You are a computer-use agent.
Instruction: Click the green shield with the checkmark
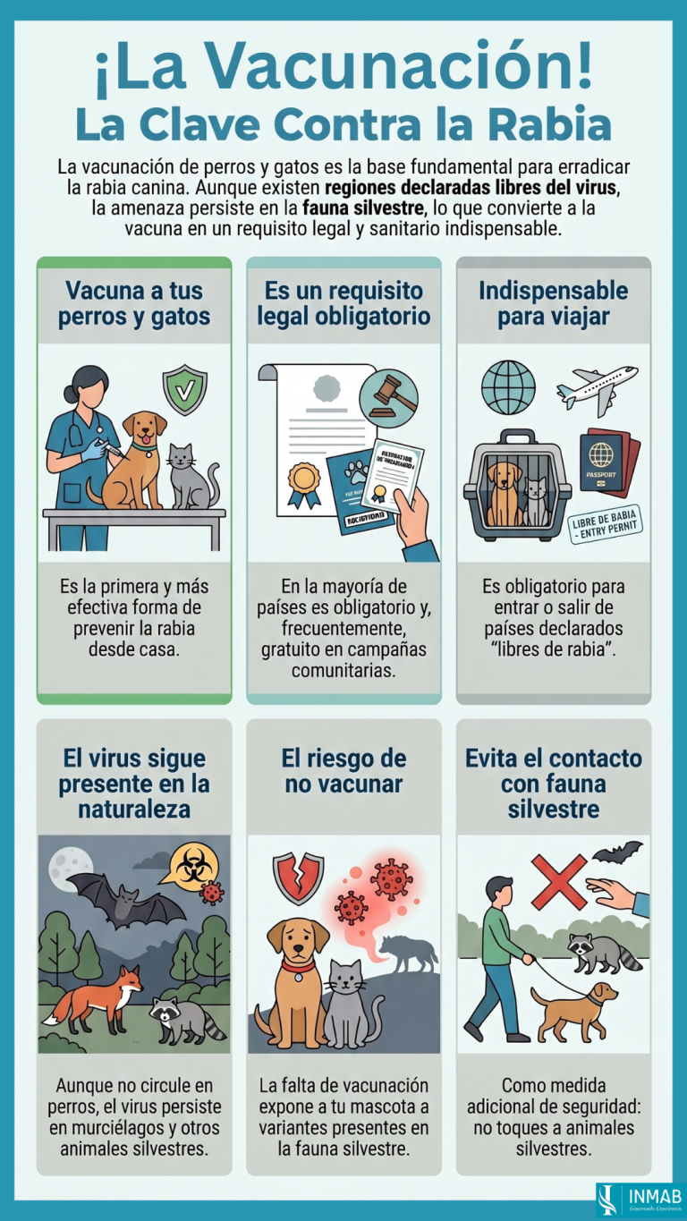coord(184,389)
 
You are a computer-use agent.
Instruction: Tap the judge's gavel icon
coord(388,398)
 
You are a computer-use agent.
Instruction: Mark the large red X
coord(559,880)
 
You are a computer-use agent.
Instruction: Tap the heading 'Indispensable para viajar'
coord(553,303)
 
